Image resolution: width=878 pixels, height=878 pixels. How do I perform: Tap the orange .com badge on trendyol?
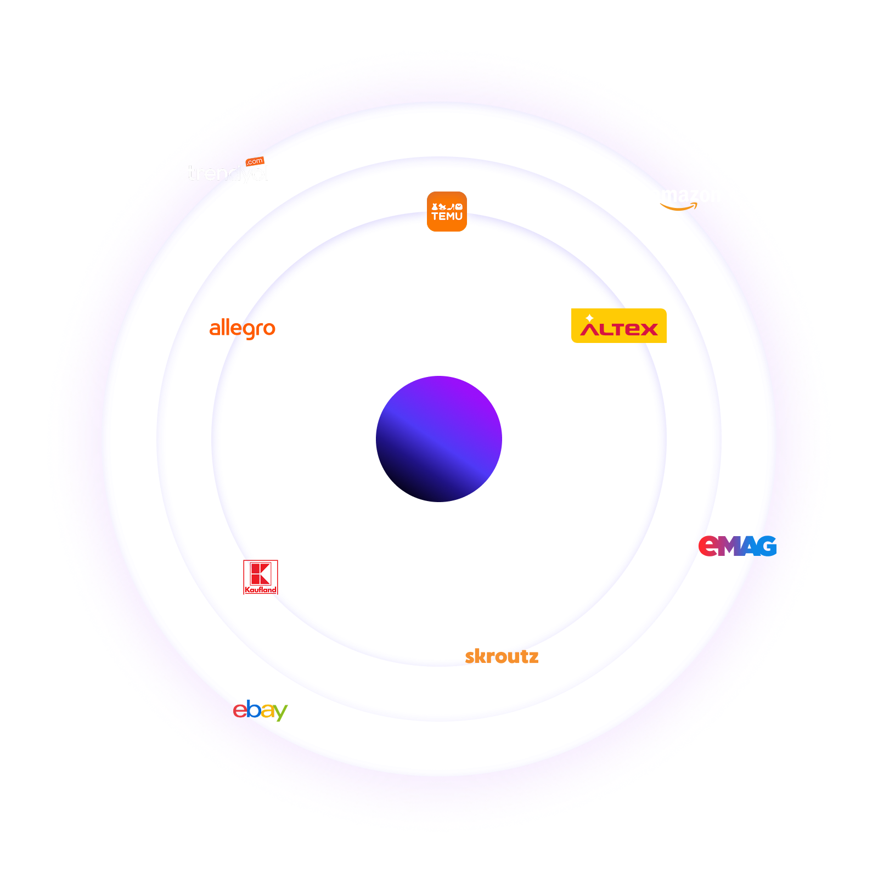[255, 161]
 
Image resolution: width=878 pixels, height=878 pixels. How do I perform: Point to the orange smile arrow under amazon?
[679, 207]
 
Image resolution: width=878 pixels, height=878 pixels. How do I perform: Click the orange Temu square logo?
[447, 211]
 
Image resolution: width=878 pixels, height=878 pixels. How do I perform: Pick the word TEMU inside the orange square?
[447, 217]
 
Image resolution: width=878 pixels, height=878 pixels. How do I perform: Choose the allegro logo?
[242, 329]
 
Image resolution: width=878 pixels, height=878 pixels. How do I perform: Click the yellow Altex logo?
[618, 326]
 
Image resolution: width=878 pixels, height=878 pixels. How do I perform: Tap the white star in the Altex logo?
[589, 318]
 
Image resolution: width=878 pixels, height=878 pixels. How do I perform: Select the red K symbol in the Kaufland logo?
[260, 573]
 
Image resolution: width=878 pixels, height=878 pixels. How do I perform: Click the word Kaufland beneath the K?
[261, 590]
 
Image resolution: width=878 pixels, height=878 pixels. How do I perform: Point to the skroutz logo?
[502, 656]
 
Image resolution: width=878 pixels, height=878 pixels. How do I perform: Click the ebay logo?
[260, 710]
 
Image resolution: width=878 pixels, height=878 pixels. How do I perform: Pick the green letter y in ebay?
[280, 712]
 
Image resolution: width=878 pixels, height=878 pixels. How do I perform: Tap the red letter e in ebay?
[240, 710]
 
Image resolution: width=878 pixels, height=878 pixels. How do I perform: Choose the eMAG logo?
[737, 546]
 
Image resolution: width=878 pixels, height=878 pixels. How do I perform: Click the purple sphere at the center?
[439, 439]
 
